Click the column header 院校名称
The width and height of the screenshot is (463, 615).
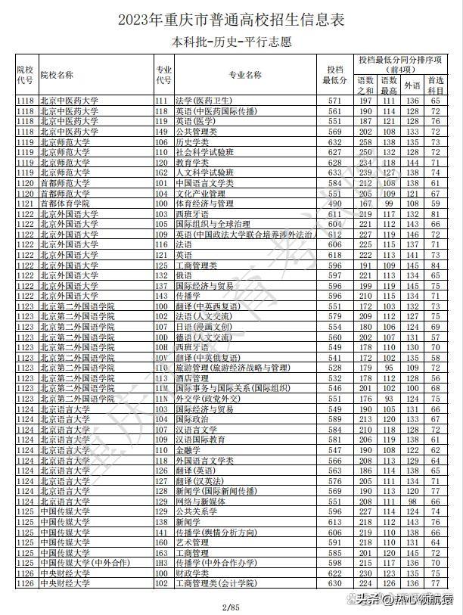click(57, 75)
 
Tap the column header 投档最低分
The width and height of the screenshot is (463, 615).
click(334, 75)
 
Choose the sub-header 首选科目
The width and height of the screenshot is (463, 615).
click(436, 85)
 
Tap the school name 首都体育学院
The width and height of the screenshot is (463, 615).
click(65, 203)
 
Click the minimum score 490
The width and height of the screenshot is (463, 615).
click(334, 203)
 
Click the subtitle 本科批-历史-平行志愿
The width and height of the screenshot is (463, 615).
click(231, 41)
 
